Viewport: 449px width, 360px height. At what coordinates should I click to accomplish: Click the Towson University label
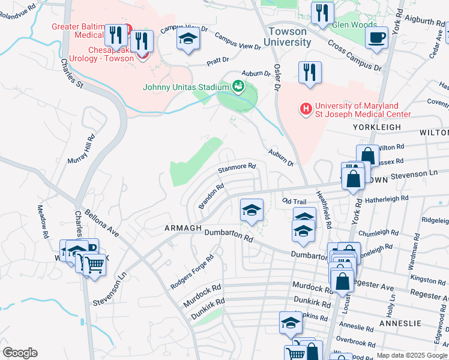pos(289,37)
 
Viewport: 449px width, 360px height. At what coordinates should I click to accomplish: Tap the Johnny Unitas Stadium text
pos(187,87)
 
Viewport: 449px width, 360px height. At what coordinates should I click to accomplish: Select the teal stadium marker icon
pos(238,87)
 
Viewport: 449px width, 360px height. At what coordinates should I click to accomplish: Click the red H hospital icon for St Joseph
pos(306,109)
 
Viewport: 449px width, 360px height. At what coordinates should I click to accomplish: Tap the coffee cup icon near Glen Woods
pos(376,38)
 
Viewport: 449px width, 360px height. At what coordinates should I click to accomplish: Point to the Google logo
pos(20,353)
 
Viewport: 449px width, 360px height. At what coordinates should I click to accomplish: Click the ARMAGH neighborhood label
pos(182,228)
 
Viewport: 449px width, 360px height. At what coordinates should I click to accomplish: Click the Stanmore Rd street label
pos(237,167)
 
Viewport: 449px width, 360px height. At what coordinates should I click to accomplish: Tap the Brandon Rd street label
pos(211,196)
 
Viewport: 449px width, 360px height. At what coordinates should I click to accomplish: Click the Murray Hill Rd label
pos(89,151)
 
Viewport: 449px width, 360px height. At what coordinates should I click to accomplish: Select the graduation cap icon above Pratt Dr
pos(188,40)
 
